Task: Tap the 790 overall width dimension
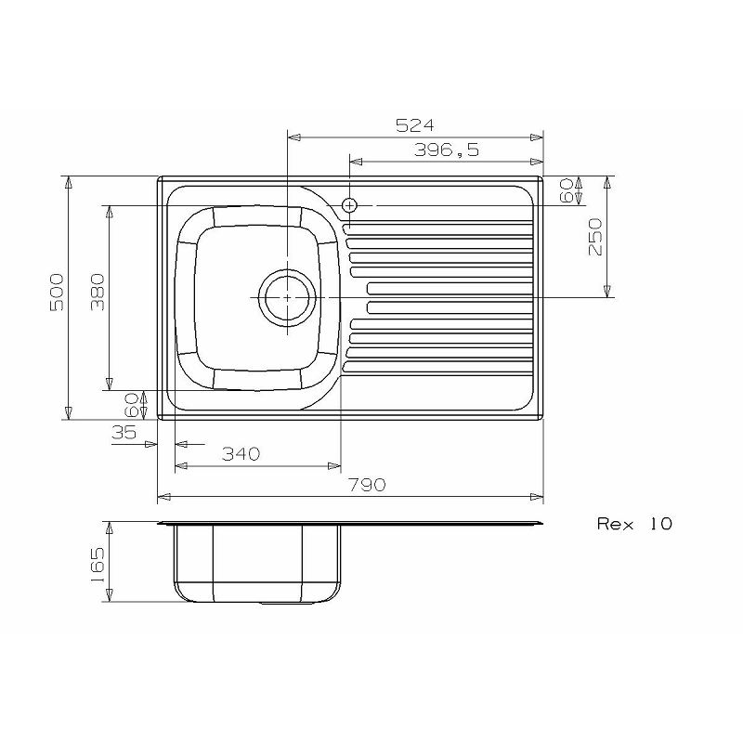coord(368,485)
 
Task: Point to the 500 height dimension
coord(56,292)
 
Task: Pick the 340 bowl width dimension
coord(241,453)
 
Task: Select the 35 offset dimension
coord(123,432)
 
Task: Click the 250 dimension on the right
coord(595,237)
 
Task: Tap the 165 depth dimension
coord(98,561)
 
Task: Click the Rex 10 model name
coord(633,524)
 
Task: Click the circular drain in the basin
coord(287,296)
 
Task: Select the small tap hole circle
coord(349,204)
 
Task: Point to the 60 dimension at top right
coord(566,190)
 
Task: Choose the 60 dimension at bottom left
coord(131,404)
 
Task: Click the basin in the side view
coord(255,562)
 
